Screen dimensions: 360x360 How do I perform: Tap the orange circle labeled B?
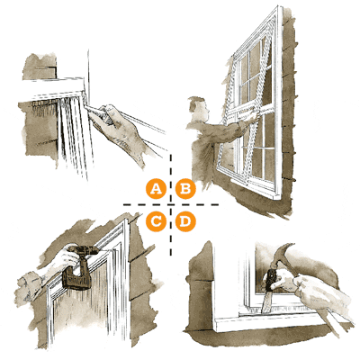coord(185,189)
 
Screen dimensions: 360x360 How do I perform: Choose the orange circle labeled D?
coord(185,220)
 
